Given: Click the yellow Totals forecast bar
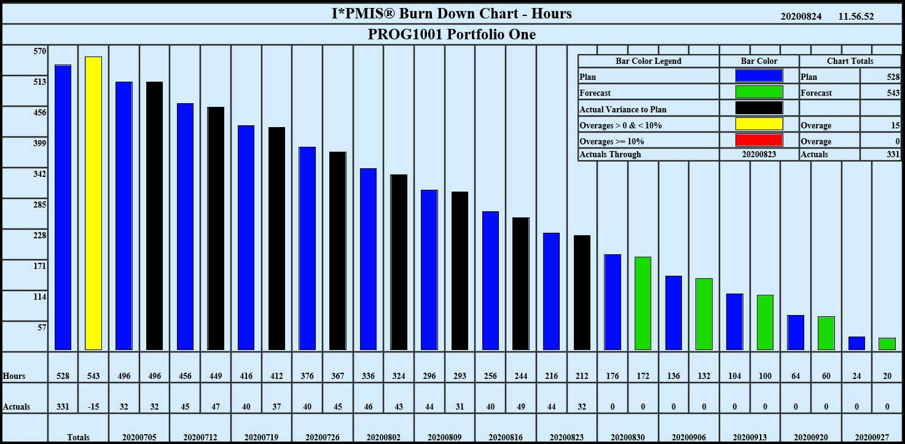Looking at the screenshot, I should (93, 203).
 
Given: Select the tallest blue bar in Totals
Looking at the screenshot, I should (63, 207).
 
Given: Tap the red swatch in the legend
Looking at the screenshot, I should (759, 140).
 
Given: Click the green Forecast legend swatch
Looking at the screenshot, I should (759, 92).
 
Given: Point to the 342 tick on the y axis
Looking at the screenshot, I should (39, 174).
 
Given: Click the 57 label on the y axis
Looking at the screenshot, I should (42, 327).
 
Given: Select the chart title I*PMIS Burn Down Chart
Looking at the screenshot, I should (452, 14).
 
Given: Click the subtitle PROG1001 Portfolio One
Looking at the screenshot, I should (452, 34).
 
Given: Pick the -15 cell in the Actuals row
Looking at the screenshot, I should (93, 407).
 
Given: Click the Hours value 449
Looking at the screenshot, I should (215, 376).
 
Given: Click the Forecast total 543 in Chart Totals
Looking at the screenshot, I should (893, 93).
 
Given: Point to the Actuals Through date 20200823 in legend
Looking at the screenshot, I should (759, 154).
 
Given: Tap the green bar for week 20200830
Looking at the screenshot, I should (643, 303).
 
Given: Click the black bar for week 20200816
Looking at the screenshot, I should (520, 284).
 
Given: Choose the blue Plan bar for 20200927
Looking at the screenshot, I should (856, 343).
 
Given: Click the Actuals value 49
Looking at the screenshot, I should (520, 407).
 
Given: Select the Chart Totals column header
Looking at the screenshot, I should (850, 61).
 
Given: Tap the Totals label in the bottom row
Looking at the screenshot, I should (78, 437).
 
